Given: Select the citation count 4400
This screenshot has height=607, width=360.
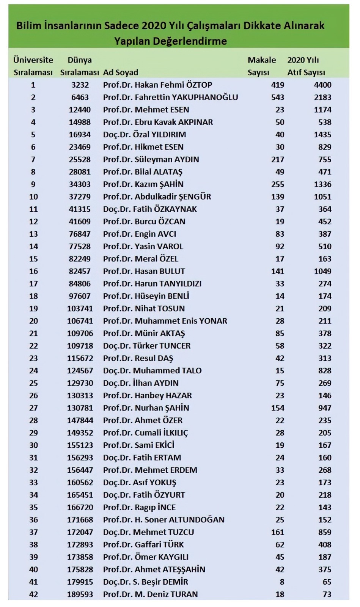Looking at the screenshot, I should click(x=322, y=85).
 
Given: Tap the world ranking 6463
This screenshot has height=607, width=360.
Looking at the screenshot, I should click(x=80, y=97).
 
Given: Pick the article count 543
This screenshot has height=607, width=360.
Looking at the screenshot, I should click(x=278, y=97).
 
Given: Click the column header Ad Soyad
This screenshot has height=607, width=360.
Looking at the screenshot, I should click(x=121, y=72).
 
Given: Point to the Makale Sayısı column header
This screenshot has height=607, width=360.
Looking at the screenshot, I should click(x=261, y=66).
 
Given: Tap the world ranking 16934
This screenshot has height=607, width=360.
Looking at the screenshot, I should click(x=80, y=135).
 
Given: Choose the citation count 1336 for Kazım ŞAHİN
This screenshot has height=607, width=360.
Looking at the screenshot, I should click(x=322, y=184).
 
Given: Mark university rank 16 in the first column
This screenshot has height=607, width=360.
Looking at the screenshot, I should click(x=33, y=271).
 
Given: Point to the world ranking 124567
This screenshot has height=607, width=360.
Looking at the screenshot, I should click(x=80, y=371).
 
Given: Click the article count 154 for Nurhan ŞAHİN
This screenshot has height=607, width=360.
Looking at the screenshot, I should click(x=278, y=408).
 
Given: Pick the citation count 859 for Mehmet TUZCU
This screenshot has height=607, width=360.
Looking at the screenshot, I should click(x=325, y=532).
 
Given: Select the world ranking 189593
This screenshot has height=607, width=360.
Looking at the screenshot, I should click(x=80, y=594).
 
